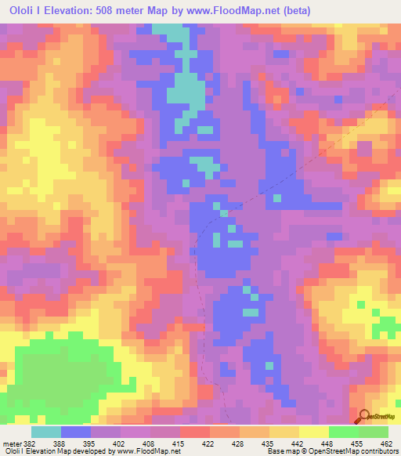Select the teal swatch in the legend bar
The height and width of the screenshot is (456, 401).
tap(46, 432)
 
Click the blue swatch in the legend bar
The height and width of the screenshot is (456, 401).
tap(76, 432)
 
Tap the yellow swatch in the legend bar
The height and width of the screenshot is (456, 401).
tap(313, 432)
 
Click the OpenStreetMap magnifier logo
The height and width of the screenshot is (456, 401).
tap(363, 416)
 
